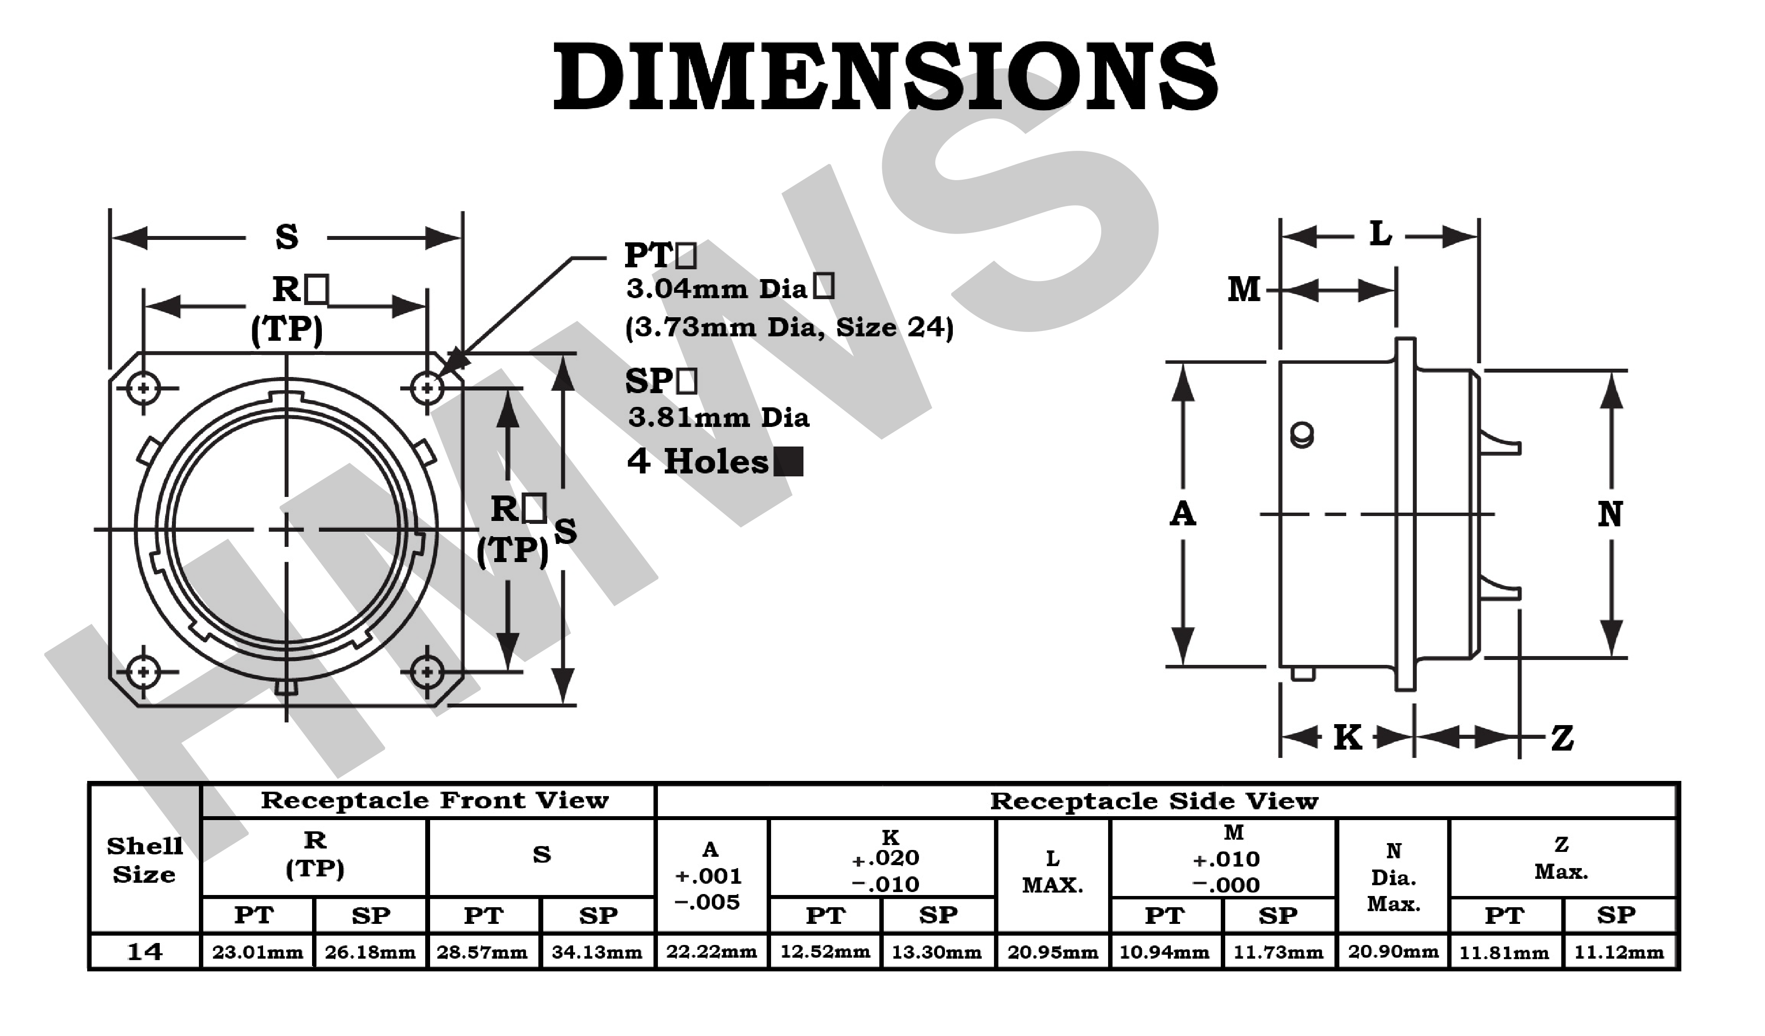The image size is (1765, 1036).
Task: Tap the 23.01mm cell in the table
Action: coord(257,952)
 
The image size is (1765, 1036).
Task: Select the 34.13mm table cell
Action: coord(597,952)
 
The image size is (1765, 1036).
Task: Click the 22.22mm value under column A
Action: coord(711,952)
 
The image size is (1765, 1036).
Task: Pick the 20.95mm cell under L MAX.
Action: coord(1052,952)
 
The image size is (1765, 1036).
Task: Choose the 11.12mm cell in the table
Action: coord(1619,952)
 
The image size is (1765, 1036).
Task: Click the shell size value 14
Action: coord(145,952)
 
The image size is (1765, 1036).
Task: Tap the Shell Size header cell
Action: coord(145,860)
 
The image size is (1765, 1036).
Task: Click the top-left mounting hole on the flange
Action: coord(144,388)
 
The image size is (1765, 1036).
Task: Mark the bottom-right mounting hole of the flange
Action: coord(427,672)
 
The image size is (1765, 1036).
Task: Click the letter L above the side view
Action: coord(1380,235)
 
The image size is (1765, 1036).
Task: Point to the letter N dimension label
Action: coord(1610,515)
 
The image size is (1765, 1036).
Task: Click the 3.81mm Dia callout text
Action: coord(719,418)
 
